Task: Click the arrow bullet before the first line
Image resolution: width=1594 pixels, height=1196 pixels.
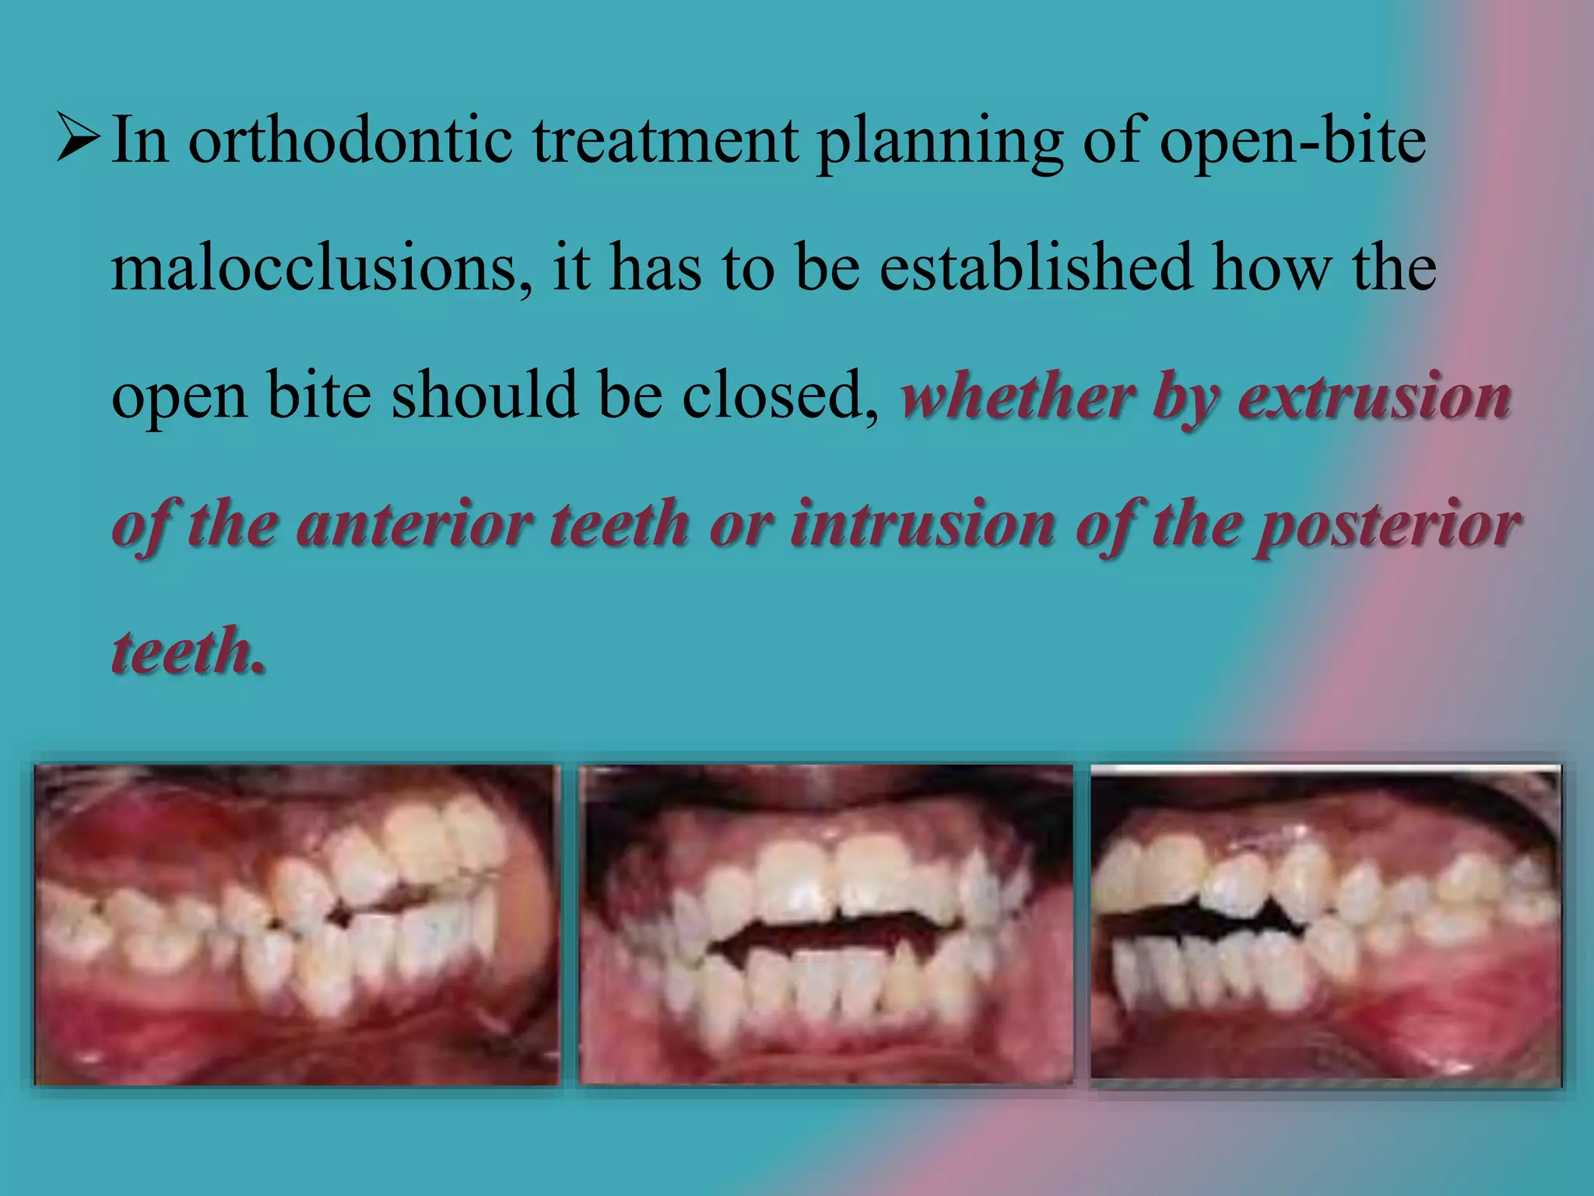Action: click(x=78, y=139)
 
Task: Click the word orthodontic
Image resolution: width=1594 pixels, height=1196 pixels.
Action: click(x=350, y=141)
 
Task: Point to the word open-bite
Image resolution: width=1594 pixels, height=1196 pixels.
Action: click(x=1293, y=142)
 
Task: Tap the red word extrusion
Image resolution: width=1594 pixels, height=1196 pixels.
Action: click(x=1375, y=397)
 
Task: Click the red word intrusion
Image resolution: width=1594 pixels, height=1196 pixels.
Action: click(x=922, y=524)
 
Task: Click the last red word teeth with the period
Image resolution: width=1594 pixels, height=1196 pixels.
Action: click(x=188, y=651)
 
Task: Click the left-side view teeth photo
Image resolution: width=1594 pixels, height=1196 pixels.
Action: click(x=297, y=924)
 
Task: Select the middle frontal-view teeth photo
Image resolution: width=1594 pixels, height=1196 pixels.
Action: click(x=825, y=924)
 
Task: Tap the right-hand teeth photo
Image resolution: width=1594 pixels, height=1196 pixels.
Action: click(x=1325, y=924)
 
